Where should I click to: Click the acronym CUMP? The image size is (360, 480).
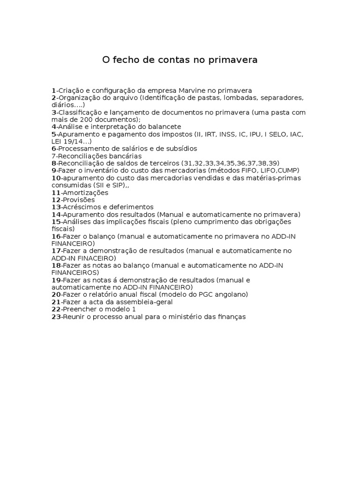(x=287, y=170)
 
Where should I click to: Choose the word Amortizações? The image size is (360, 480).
(x=86, y=192)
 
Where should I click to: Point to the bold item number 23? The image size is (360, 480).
(x=56, y=316)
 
